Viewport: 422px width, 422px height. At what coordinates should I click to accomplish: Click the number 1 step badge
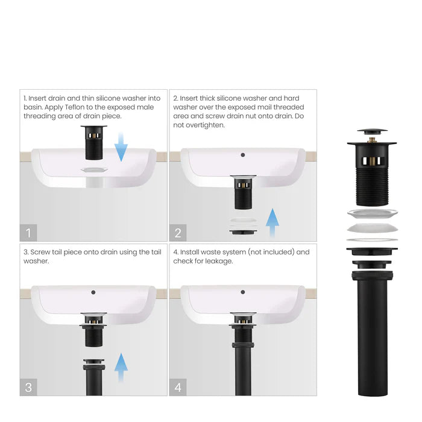point(29,232)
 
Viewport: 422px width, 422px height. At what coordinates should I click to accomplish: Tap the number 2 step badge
point(178,232)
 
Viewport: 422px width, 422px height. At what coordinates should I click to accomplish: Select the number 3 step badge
point(29,386)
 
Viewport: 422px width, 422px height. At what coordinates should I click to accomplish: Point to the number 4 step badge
point(178,386)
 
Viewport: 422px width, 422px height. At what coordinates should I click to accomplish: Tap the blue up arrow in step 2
point(272,222)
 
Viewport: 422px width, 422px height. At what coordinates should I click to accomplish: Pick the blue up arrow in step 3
point(122,367)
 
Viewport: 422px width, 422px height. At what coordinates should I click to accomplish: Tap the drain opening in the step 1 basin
point(93,170)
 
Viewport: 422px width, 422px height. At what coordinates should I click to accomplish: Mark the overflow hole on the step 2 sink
point(243,155)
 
